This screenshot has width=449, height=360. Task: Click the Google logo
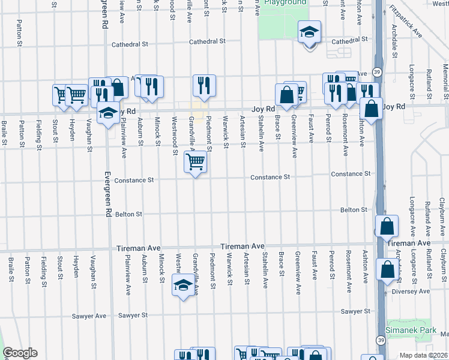pos(20,353)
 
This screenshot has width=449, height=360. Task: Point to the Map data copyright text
pos(424,355)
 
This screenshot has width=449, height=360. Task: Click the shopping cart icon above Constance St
pos(195,162)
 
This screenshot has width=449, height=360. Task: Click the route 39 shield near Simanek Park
pos(380,340)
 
